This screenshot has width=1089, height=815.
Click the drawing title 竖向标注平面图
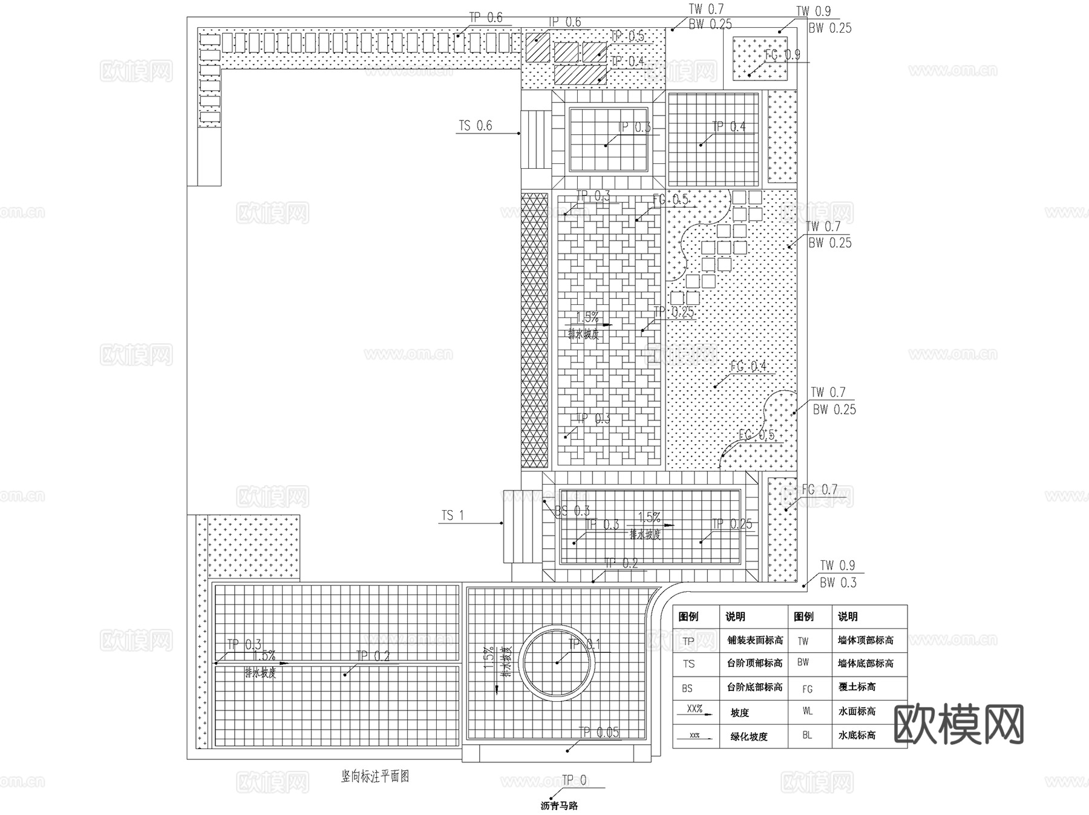click(375, 776)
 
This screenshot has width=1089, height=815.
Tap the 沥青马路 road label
click(559, 806)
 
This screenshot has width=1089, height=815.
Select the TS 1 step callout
click(453, 516)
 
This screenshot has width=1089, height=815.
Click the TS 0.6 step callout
click(475, 126)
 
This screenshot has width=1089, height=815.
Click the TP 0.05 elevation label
click(598, 733)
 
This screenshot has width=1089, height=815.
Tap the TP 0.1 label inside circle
click(584, 645)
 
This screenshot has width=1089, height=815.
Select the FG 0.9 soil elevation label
click(782, 55)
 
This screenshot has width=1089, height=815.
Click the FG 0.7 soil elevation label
click(819, 489)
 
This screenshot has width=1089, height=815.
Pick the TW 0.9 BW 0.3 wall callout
click(837, 574)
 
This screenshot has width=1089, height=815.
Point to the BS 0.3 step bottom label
click(572, 511)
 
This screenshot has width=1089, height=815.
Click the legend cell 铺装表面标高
click(754, 640)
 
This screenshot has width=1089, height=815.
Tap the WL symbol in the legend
click(808, 712)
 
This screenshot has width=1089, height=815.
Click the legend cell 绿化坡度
click(749, 736)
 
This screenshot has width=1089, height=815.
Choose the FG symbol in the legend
click(808, 689)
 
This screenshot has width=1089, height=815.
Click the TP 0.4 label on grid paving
click(728, 127)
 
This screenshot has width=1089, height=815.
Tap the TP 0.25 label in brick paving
click(673, 313)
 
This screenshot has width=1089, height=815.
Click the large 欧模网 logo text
click(958, 724)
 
